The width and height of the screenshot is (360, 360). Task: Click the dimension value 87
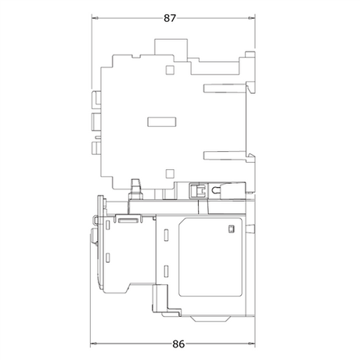point(170,18)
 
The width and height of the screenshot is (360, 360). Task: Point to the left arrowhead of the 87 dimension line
point(95,18)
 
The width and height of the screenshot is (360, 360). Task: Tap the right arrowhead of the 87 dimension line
point(251,18)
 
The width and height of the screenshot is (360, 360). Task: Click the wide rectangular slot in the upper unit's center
point(161,122)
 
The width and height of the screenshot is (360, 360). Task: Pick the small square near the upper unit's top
point(170,70)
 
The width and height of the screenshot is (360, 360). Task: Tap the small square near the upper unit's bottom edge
point(170,174)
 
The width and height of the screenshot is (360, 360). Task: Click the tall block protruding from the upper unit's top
point(171,47)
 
